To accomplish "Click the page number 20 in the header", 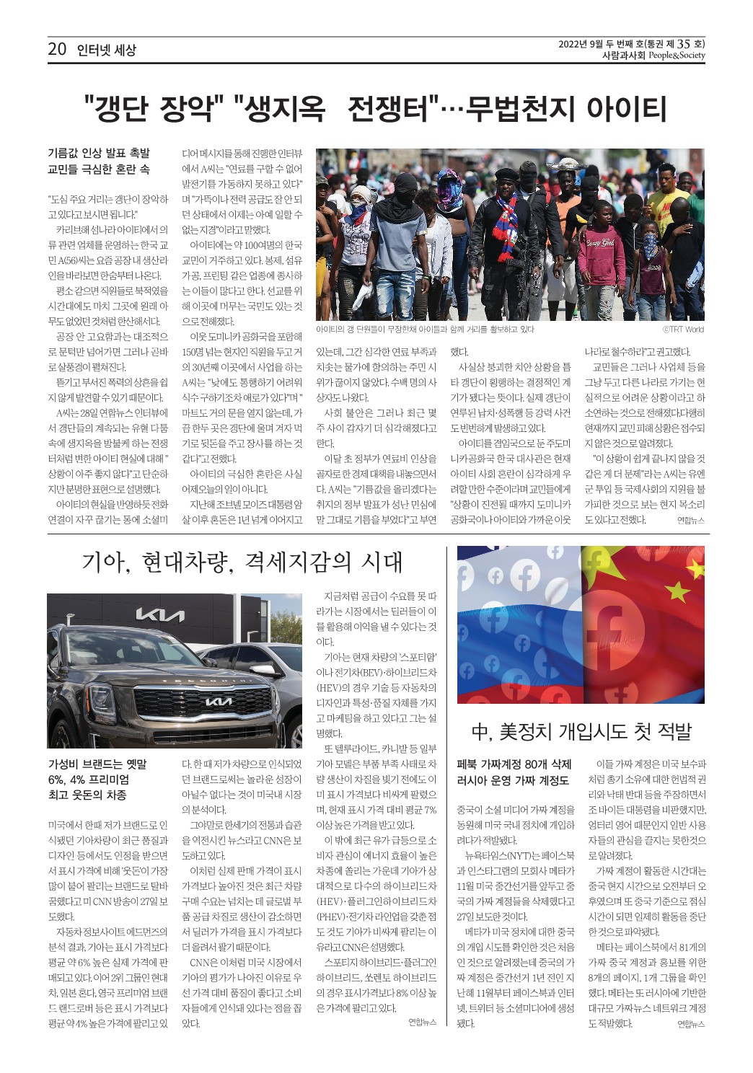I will (57, 49).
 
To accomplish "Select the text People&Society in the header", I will (676, 55).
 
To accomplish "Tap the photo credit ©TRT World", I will (682, 330).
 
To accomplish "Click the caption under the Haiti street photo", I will (425, 330).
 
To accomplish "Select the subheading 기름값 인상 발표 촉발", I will (98, 153).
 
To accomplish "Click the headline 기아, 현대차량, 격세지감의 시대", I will (242, 562).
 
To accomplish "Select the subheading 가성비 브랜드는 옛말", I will (97, 764).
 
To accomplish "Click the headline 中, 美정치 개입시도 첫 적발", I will (581, 732).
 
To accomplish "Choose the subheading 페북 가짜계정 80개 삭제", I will (514, 764).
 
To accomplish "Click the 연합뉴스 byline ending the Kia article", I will (422, 1023).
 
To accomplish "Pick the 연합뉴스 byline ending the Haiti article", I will (690, 519).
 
